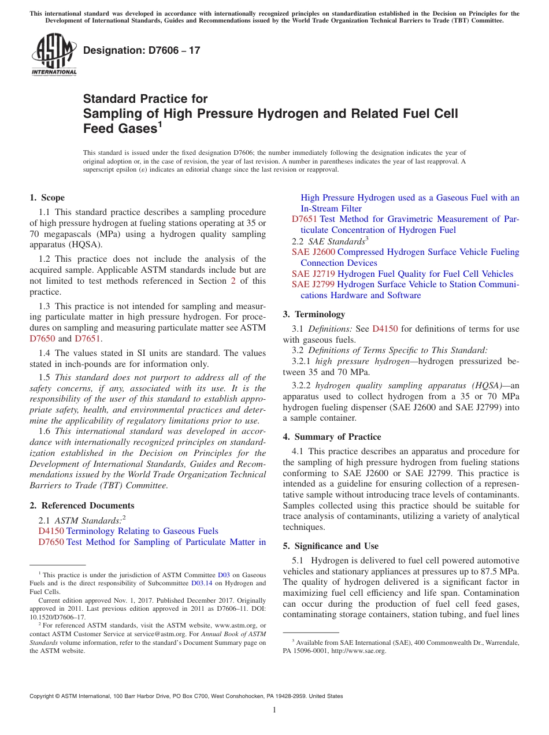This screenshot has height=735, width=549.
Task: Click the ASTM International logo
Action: (54, 54)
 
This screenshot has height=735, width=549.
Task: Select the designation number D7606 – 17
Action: (142, 50)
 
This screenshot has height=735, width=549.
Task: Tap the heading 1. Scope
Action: (47, 198)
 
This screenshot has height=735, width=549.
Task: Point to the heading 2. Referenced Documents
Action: (82, 506)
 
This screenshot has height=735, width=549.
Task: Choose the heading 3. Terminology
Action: (314, 314)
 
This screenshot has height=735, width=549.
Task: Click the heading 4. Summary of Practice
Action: (332, 437)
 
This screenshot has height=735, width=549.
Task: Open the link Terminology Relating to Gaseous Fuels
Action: (142, 531)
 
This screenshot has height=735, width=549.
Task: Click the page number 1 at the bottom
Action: (274, 710)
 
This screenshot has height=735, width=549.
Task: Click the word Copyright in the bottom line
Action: (43, 696)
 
